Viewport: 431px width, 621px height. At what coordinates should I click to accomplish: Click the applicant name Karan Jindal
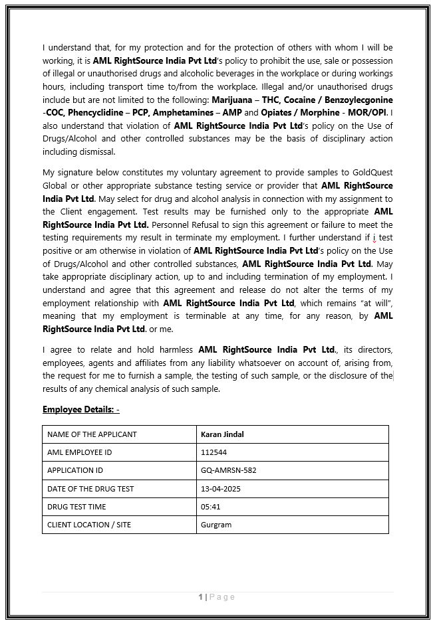click(223, 434)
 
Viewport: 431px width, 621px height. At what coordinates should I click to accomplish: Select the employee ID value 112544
click(214, 452)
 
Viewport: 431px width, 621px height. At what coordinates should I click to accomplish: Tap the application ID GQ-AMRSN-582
click(228, 470)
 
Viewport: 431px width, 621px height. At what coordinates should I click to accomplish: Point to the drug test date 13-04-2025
click(220, 489)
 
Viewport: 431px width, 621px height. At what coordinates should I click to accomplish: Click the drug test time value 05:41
click(210, 507)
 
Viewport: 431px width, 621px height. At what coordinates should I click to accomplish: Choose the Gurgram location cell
click(216, 525)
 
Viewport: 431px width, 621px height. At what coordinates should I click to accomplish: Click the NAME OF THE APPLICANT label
click(92, 434)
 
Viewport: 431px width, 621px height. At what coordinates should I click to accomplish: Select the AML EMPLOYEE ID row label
click(79, 452)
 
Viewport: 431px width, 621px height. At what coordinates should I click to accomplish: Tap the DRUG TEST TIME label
click(76, 507)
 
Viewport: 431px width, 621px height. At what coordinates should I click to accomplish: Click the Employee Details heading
click(80, 409)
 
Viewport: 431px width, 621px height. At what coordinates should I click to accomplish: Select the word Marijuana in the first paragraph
click(232, 100)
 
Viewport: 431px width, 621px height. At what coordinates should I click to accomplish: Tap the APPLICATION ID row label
click(75, 470)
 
